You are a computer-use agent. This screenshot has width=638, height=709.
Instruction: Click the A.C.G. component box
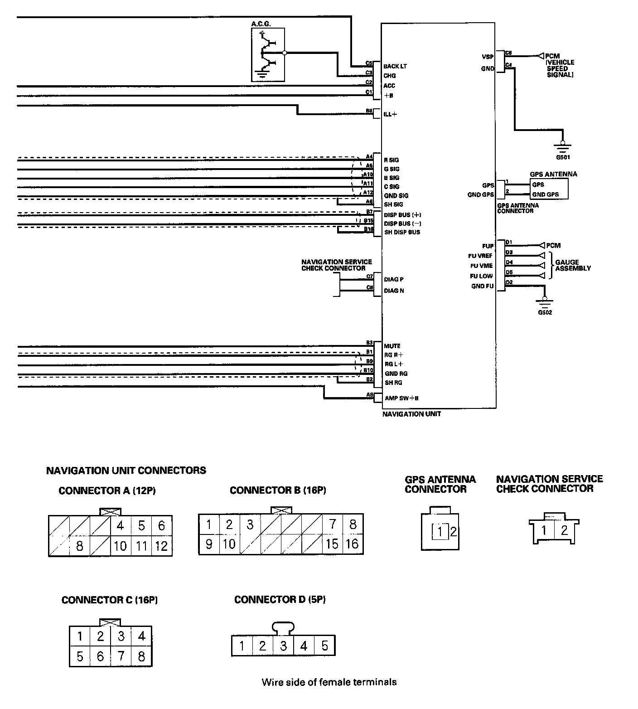click(268, 54)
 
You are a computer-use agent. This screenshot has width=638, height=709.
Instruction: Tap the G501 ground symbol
click(562, 148)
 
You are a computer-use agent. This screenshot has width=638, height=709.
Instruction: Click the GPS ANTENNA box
click(548, 189)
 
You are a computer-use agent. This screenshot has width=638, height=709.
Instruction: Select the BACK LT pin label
click(395, 66)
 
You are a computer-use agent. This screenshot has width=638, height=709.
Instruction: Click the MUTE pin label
click(392, 346)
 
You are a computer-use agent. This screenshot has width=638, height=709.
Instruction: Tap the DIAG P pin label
click(393, 279)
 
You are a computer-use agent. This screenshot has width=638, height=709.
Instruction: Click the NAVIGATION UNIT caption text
click(411, 414)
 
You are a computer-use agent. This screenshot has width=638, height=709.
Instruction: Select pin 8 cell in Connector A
click(79, 546)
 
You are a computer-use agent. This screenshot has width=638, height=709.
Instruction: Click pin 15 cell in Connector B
click(332, 544)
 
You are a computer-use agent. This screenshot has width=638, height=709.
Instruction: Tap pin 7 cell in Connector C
click(121, 656)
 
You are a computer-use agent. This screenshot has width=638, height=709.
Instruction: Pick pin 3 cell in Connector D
click(283, 646)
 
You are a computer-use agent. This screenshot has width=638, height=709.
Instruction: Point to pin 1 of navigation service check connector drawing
click(544, 530)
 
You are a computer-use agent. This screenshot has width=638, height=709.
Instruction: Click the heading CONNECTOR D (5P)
click(280, 600)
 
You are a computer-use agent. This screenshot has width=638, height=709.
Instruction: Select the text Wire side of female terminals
click(329, 682)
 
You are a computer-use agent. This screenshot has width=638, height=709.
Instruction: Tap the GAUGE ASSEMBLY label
click(573, 265)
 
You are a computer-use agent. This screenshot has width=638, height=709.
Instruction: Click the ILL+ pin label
click(390, 114)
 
